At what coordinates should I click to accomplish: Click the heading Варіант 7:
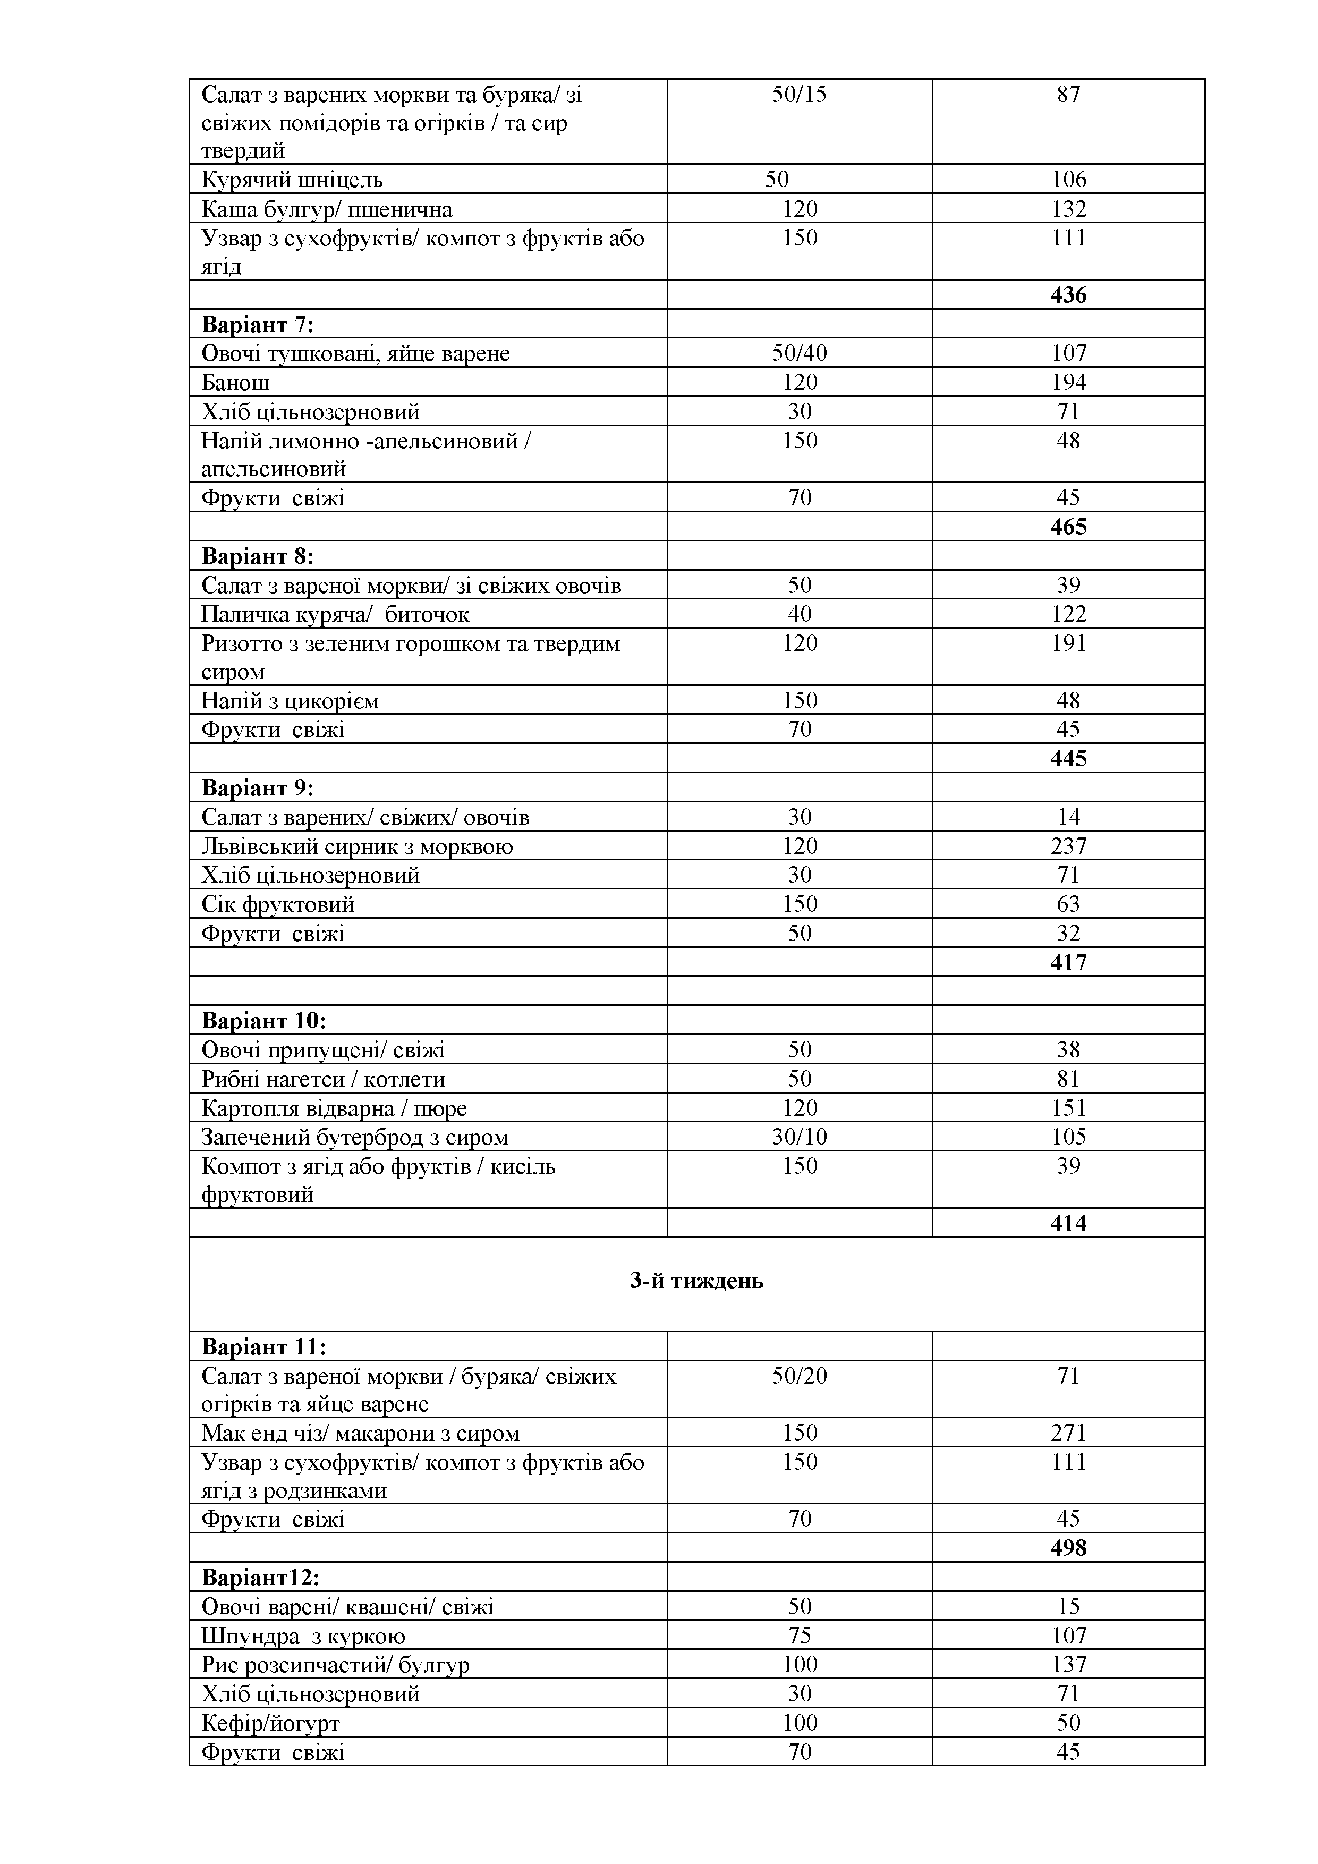257,325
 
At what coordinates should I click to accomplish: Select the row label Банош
235,383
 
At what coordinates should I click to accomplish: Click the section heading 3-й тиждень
696,1281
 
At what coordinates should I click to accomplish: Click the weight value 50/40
800,353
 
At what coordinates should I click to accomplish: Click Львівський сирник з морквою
357,847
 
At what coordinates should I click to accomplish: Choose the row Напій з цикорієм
290,701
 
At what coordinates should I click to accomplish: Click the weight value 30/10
800,1137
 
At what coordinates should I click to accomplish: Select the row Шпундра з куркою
303,1636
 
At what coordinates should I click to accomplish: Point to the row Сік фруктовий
277,904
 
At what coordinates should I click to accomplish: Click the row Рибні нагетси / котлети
323,1079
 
